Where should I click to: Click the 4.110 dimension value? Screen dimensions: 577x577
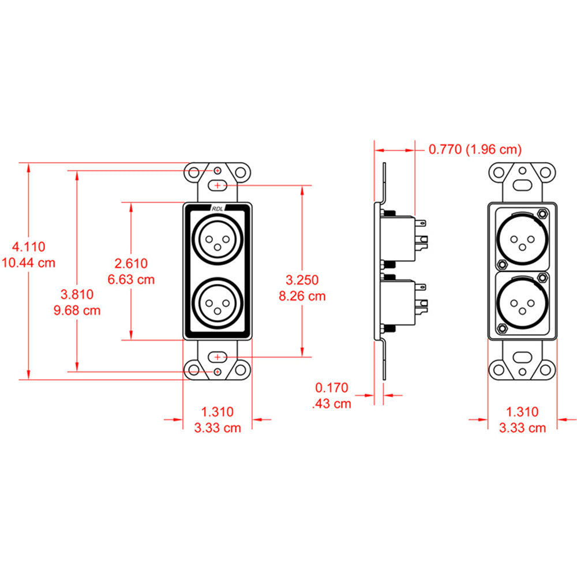point(29,247)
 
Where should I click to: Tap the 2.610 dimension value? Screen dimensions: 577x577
point(132,264)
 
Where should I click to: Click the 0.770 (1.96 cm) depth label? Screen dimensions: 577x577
point(474,150)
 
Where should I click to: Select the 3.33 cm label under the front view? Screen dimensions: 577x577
point(217,428)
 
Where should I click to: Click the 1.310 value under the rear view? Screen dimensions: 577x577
point(522,412)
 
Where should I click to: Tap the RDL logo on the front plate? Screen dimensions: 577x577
point(217,209)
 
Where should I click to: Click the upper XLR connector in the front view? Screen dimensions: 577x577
point(217,239)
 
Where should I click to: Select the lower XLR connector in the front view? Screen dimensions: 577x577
point(217,304)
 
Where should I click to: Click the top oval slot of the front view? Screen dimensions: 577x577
point(217,186)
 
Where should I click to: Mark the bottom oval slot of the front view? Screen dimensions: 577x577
point(217,358)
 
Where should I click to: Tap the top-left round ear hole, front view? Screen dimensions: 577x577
point(193,172)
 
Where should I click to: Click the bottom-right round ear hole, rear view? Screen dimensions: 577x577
point(546,370)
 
